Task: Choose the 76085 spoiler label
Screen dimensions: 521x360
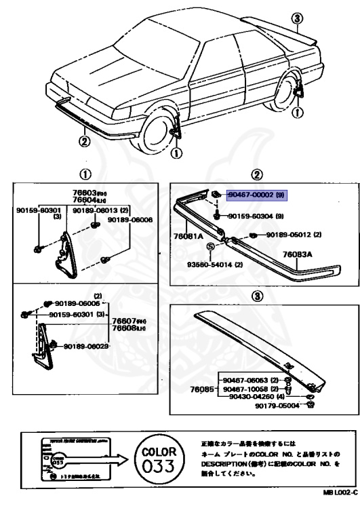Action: pos(197,389)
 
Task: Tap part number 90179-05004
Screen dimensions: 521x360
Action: pos(278,406)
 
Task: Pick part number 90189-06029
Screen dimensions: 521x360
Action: pos(87,346)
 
